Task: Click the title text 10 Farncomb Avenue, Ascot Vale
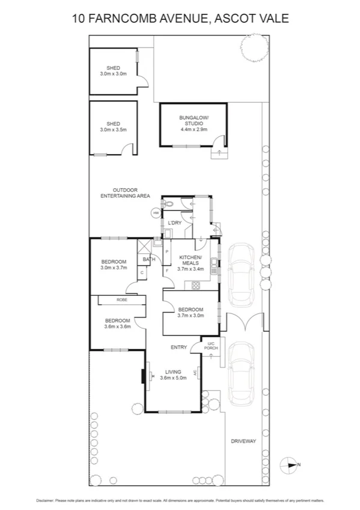180,19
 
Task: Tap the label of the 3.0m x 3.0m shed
113,70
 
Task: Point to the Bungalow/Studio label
193,123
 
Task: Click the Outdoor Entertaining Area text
124,193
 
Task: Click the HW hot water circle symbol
156,213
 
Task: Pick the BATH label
148,259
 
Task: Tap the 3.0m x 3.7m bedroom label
113,265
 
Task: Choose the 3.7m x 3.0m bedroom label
191,312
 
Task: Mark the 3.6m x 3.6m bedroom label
117,324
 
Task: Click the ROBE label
122,300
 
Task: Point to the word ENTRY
178,347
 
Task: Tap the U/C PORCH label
211,346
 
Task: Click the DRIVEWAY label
243,441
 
